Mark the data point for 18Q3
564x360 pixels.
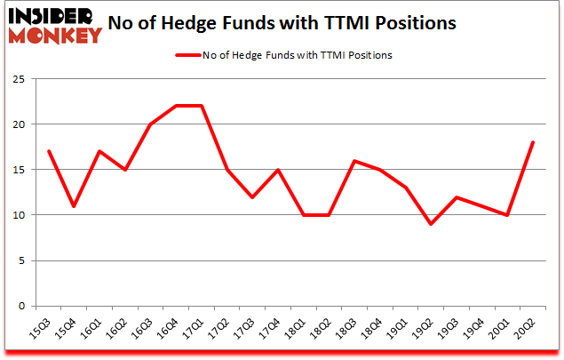354,160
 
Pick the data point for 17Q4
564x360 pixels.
278,169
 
